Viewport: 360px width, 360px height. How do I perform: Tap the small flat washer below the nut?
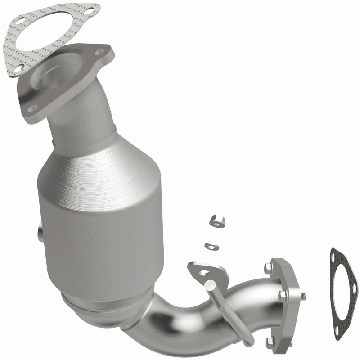tap(211, 246)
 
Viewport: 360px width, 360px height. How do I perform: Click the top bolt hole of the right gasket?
tap(334, 257)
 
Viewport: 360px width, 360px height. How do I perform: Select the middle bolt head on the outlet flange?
tap(282, 296)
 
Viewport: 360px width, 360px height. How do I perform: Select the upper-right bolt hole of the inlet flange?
tap(99, 53)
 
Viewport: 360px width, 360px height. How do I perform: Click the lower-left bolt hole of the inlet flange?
tap(32, 108)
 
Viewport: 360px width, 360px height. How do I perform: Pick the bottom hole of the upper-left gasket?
tap(18, 69)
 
